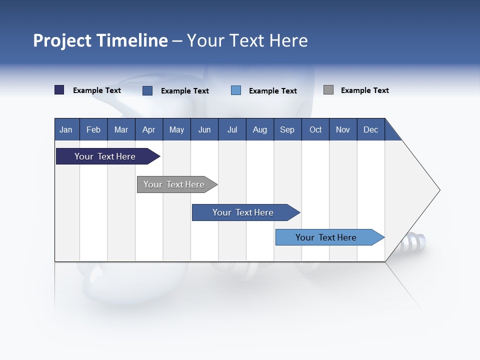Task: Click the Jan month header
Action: [66, 129]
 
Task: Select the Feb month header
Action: [93, 129]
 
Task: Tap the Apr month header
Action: [148, 129]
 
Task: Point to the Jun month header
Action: [204, 129]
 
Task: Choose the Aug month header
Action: [259, 129]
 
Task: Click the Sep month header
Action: [287, 129]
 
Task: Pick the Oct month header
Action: [315, 129]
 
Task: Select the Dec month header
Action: [370, 129]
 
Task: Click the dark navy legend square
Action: [59, 90]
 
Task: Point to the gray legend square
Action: [328, 90]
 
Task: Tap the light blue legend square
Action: [236, 90]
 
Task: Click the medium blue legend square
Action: [147, 90]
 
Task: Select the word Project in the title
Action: [63, 40]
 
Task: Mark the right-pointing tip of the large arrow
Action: [439, 190]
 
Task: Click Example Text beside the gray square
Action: [364, 90]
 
